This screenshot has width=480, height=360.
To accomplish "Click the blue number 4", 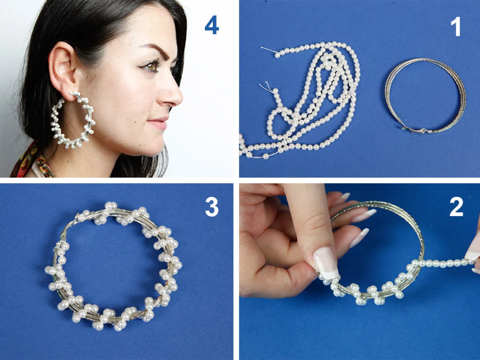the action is coord(212,25).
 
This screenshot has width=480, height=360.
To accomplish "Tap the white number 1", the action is coord(456,26).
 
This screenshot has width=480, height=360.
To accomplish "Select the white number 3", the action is coord(212,207).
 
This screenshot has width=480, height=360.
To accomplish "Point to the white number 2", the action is coord(456,207).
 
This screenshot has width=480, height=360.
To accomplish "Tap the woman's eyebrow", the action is coord(157,50).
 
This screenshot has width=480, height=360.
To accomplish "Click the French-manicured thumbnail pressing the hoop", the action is coord(326,263).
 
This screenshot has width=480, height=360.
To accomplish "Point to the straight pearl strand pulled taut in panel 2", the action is coord(444,263).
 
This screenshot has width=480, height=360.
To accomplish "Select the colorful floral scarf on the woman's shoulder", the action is coord(33,162).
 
